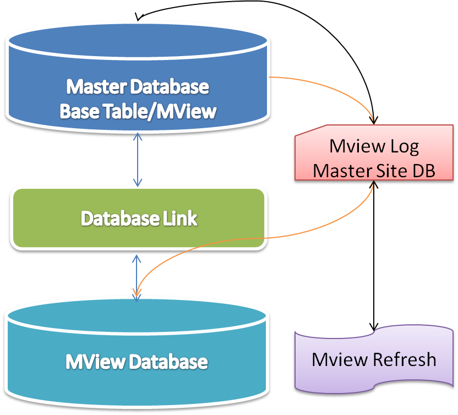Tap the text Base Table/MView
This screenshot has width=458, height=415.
pyautogui.click(x=138, y=111)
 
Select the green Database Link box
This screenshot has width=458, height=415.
pyautogui.click(x=138, y=219)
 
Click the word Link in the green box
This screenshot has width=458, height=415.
pyautogui.click(x=179, y=219)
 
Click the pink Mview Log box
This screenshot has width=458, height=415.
pyautogui.click(x=374, y=157)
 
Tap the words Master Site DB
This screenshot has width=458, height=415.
pyautogui.click(x=374, y=170)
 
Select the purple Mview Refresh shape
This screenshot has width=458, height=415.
pyautogui.click(x=374, y=359)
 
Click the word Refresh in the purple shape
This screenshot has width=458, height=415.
pyautogui.click(x=405, y=359)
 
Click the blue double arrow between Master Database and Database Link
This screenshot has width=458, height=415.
pyautogui.click(x=138, y=160)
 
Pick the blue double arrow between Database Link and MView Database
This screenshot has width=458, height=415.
pyautogui.click(x=137, y=275)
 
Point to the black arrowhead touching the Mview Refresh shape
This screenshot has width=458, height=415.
pyautogui.click(x=375, y=326)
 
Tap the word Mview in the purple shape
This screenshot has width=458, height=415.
pyautogui.click(x=340, y=359)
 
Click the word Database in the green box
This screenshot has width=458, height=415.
pyautogui.click(x=113, y=219)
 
